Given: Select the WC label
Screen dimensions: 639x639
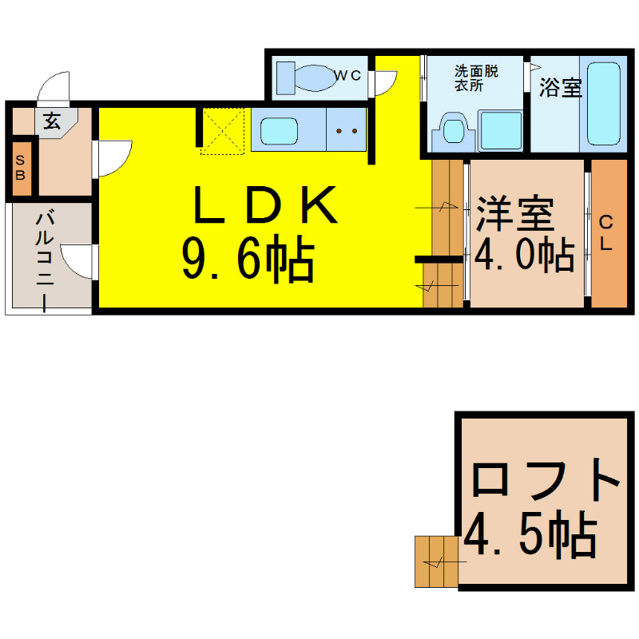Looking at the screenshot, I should (348, 76).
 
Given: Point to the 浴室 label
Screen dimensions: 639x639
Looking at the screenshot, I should (559, 88).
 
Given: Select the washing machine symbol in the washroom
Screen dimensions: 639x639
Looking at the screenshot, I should (501, 131).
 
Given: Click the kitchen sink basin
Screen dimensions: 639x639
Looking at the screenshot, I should (280, 130).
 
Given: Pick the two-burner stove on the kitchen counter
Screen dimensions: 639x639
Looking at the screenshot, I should (346, 130).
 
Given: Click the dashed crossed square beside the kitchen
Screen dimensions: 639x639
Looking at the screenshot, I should (223, 129).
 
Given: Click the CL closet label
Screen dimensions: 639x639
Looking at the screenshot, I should (606, 233).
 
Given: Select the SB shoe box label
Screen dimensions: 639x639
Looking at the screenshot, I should (21, 169).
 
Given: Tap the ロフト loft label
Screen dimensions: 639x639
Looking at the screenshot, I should (546, 479).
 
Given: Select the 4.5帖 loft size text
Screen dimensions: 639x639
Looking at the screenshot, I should (530, 536).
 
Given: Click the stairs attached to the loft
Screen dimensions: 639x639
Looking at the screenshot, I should (436, 562).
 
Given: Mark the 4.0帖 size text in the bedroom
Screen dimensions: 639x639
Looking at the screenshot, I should (524, 254).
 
